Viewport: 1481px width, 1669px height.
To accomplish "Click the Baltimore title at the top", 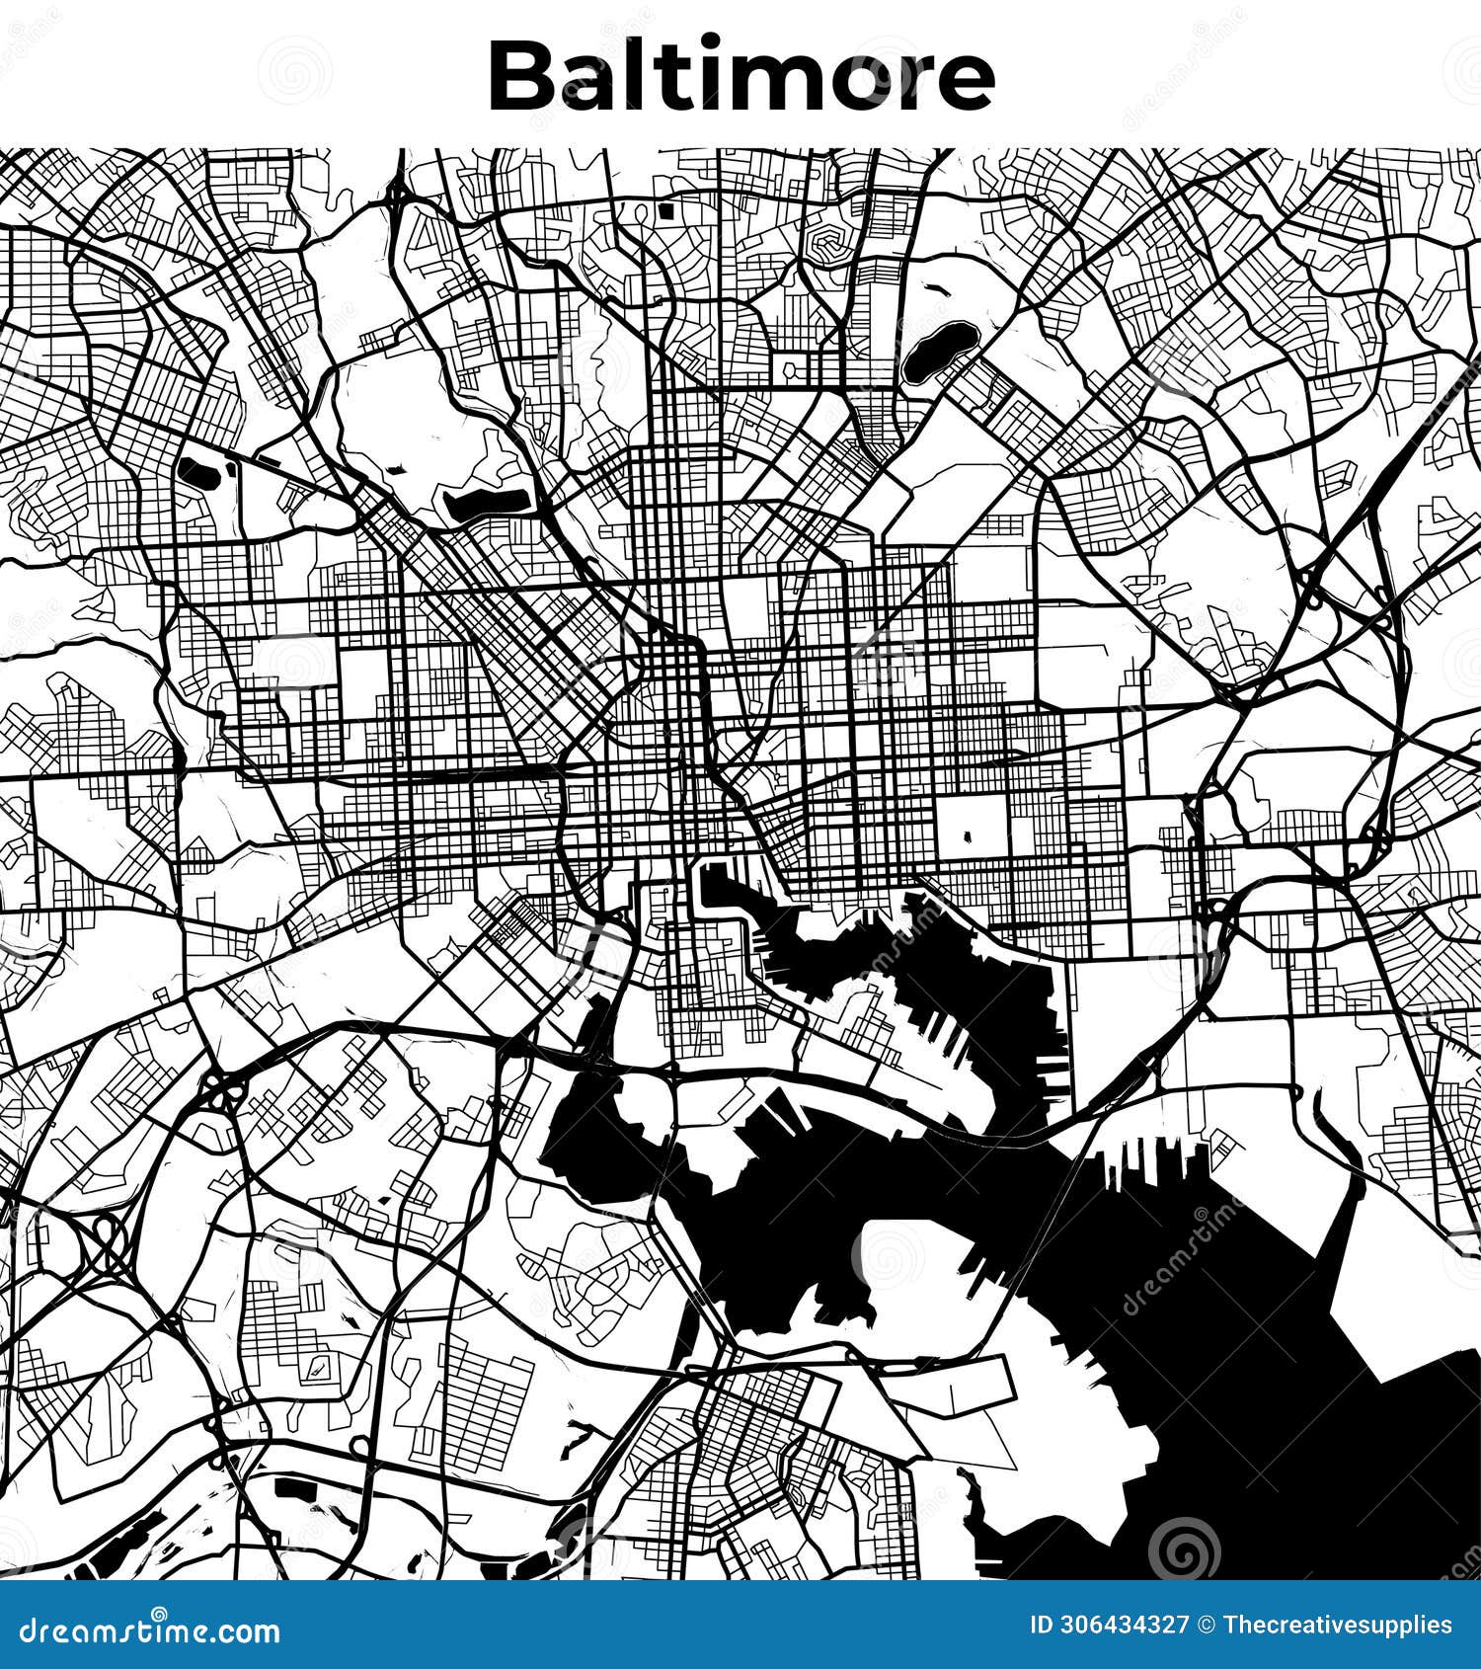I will coord(740,76).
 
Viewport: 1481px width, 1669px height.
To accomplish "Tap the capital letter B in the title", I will coord(521,77).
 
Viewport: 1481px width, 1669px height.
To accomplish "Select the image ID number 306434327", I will coord(1124,1626).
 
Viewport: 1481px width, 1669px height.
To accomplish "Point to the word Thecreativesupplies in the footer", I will coord(1337,1626).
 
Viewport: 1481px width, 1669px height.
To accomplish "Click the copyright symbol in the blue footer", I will coord(1206,1626).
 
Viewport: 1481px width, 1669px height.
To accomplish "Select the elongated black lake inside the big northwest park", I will coord(486,503).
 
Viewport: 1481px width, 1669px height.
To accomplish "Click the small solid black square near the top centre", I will coord(666,210).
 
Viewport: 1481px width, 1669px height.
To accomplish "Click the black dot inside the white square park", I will coord(966,837).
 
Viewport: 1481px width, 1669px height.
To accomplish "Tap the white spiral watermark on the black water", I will coord(1184,1547).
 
